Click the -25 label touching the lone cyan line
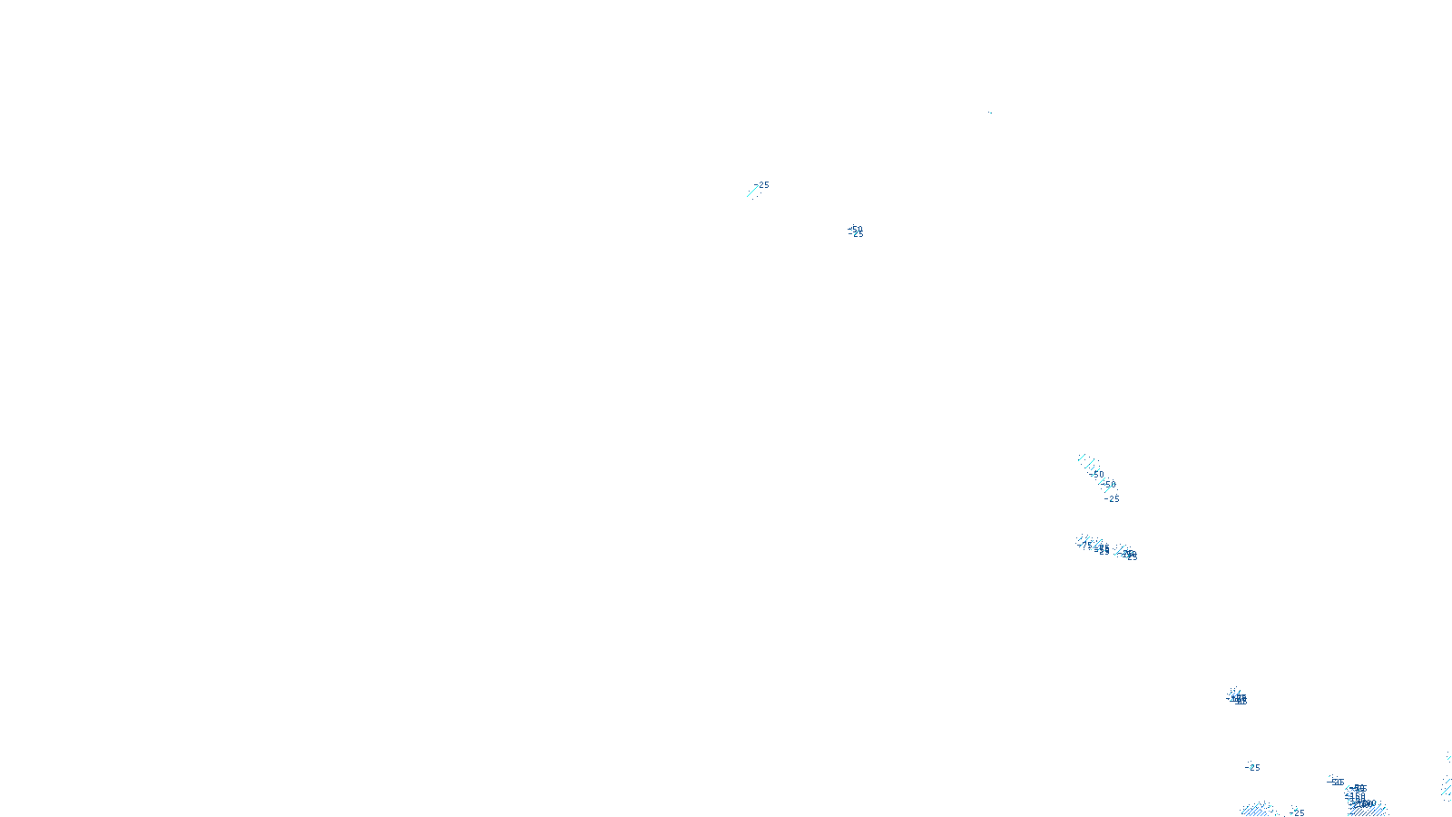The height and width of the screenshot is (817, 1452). [x=763, y=185]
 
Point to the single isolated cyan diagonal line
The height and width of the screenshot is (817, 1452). [x=751, y=191]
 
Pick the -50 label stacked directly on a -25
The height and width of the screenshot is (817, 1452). [x=856, y=229]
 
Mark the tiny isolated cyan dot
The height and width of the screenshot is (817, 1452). [x=990, y=113]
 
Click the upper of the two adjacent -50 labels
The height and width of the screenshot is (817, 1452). [x=1096, y=474]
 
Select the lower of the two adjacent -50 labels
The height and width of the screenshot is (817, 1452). [x=1109, y=484]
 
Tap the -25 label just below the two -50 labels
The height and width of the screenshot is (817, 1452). [x=1113, y=498]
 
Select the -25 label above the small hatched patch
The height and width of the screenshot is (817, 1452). [x=1253, y=767]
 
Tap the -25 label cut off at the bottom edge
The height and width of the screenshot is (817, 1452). [x=1298, y=812]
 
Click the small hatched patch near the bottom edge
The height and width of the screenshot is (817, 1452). [x=1256, y=809]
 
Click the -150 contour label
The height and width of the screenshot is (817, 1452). [x=1356, y=797]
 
